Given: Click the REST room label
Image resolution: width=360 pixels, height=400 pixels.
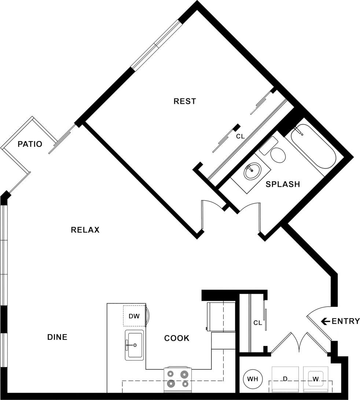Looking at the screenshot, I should tap(185, 101).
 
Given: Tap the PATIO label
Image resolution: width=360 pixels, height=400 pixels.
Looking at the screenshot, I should tap(30, 144).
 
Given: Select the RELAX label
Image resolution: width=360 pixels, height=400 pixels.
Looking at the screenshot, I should tap(85, 230).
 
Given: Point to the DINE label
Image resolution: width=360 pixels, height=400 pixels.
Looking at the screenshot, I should tap(58, 337).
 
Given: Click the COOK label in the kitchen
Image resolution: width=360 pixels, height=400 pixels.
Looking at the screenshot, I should tap(177, 338).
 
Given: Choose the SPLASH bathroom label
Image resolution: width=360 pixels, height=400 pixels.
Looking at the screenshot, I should tap(283, 184).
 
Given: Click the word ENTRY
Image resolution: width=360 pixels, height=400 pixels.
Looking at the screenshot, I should tap(346, 322).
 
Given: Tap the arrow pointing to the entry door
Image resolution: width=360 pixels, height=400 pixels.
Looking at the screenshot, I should tap(325, 322).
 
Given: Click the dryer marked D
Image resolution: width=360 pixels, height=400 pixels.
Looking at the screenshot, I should tap(285, 379).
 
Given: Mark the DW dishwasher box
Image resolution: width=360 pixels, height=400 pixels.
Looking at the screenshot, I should tap(134, 316).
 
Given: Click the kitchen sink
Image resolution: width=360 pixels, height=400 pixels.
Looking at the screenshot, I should tap(134, 345).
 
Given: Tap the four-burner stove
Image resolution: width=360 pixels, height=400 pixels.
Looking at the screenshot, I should tap(178, 379).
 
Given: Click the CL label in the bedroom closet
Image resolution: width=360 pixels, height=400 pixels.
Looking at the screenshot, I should tap(240, 137).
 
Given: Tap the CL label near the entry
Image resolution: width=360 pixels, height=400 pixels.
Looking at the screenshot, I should tap(258, 323).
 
